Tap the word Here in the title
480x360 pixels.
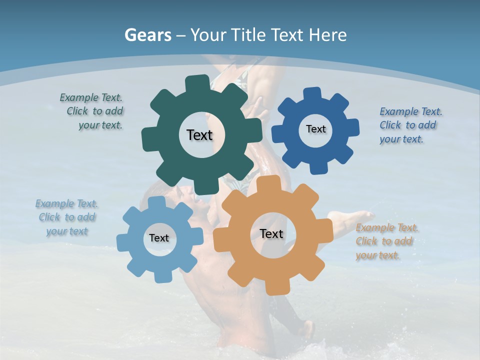coord(328,35)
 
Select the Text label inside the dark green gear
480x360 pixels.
coord(199,135)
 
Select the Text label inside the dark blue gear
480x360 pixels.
coord(315,129)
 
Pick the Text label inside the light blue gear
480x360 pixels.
coord(159,238)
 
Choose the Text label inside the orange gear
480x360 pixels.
coord(271,233)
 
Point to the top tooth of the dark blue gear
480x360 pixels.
coord(312,94)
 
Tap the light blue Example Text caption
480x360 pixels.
coord(66,217)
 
